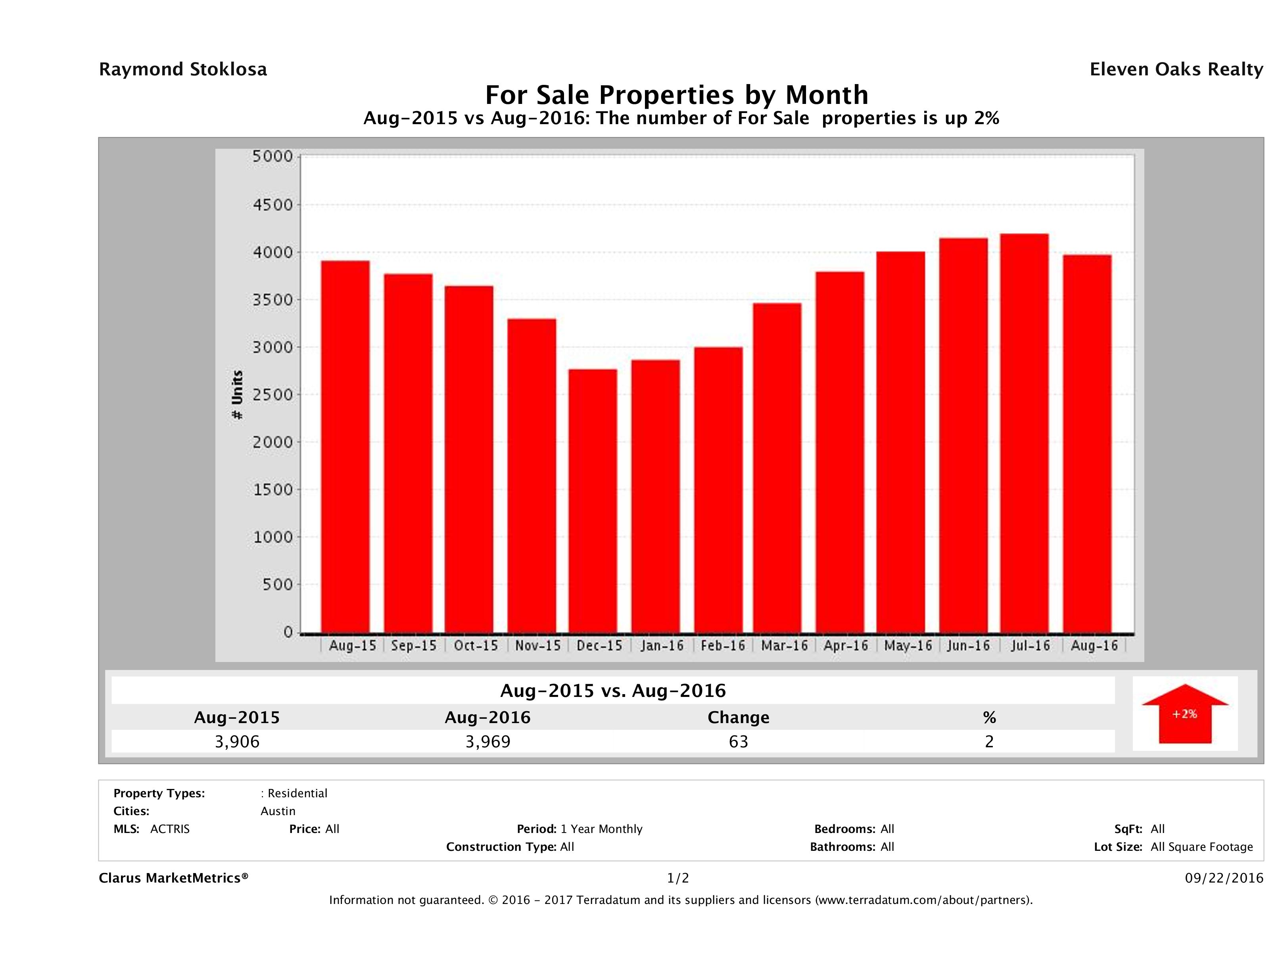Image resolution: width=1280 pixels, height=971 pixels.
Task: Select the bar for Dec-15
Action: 593,501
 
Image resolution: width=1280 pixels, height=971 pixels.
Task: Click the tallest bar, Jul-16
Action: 1024,434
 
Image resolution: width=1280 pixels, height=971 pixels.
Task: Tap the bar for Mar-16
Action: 777,468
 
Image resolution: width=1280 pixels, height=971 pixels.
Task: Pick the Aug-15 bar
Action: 345,447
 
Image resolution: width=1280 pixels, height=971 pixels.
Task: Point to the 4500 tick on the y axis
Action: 273,205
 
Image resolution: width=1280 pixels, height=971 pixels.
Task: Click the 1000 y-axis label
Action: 273,537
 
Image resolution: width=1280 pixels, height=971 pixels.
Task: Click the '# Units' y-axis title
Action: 237,395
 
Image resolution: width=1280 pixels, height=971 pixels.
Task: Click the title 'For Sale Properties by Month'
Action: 676,95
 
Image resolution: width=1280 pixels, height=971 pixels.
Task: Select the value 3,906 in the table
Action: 237,742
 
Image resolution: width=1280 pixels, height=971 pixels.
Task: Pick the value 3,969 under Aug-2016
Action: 488,742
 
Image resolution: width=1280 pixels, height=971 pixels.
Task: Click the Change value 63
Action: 739,742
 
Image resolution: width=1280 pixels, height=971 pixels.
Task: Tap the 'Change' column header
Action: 739,718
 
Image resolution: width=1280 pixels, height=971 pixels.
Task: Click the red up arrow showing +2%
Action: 1184,714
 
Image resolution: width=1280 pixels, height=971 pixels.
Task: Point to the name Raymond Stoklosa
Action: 183,69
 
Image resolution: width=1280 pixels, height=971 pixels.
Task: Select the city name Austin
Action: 278,811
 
